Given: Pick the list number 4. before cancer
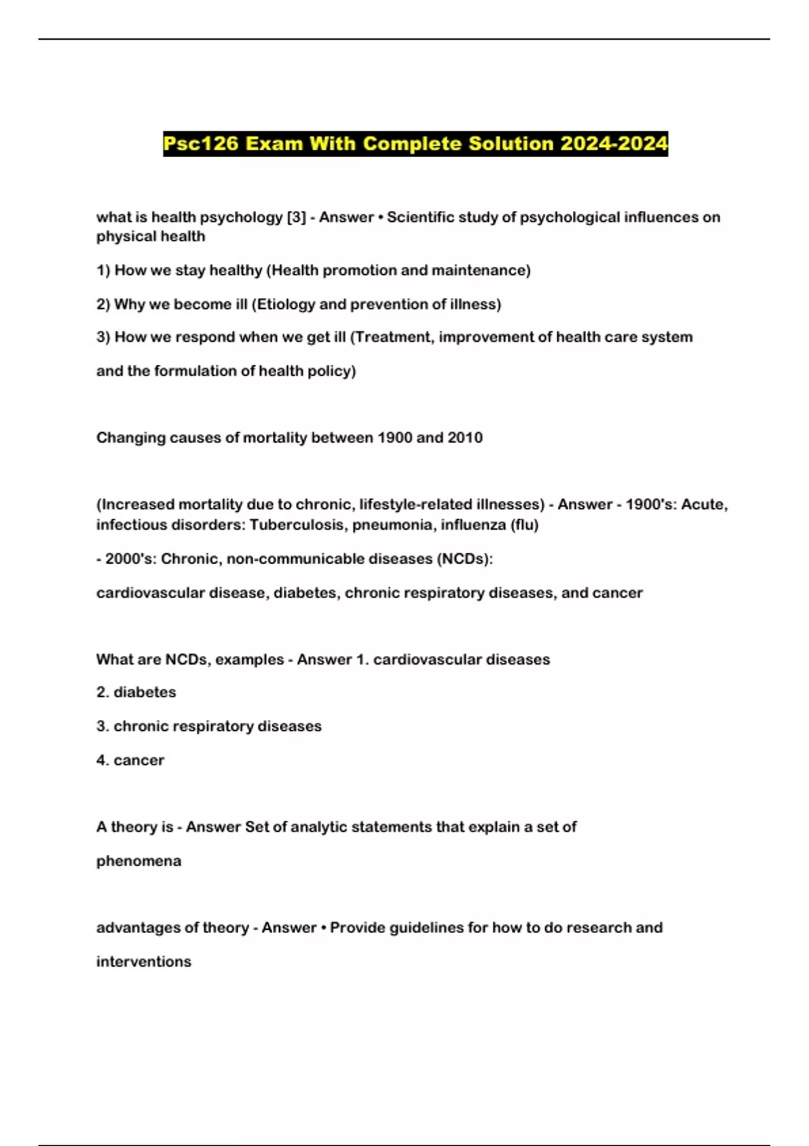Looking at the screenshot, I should pyautogui.click(x=102, y=760).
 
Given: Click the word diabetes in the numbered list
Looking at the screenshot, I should pyautogui.click(x=144, y=692).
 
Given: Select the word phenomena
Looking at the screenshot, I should pyautogui.click(x=139, y=861).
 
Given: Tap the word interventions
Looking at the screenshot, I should pyautogui.click(x=144, y=961).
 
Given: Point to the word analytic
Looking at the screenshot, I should pyautogui.click(x=316, y=827).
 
